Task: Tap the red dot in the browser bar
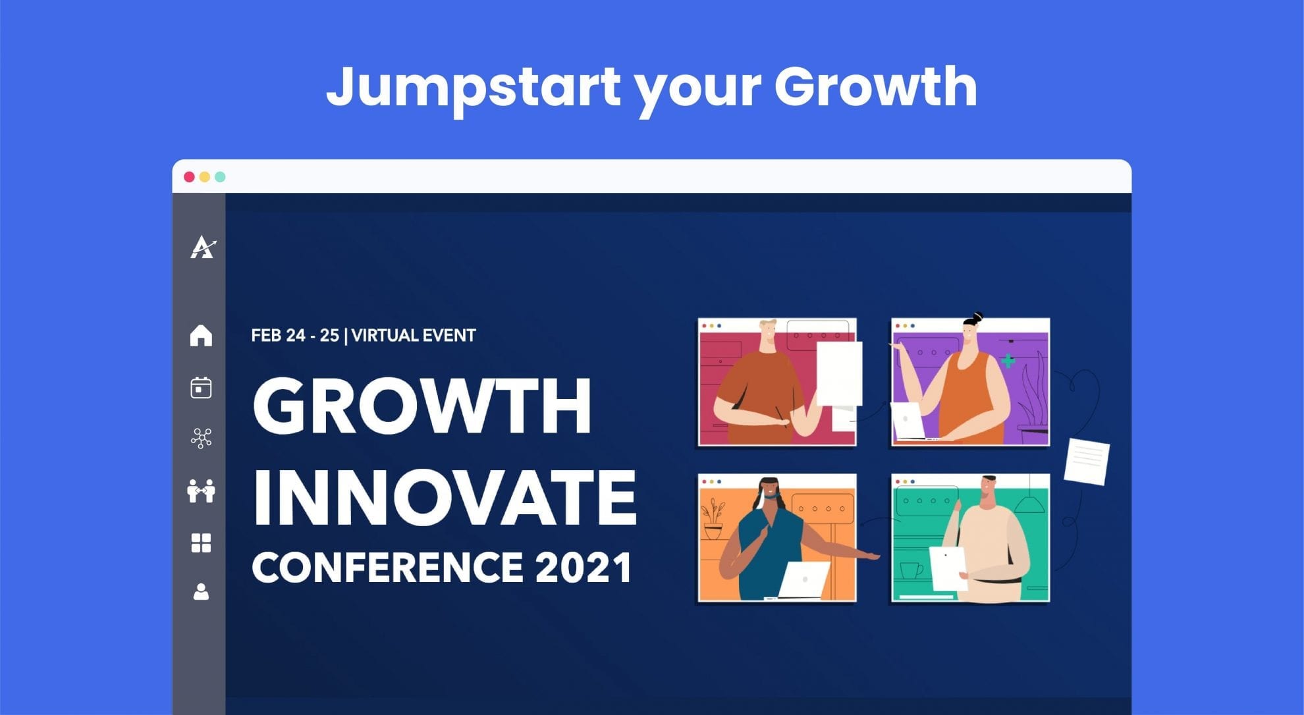pyautogui.click(x=189, y=176)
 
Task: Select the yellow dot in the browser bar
pyautogui.click(x=205, y=176)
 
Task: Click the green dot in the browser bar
pyautogui.click(x=221, y=176)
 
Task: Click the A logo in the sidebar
pyautogui.click(x=203, y=247)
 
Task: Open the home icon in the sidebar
pyautogui.click(x=201, y=335)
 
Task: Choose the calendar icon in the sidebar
pyautogui.click(x=201, y=388)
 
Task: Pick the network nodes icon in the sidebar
pyautogui.click(x=201, y=438)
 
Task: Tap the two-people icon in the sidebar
pyautogui.click(x=201, y=491)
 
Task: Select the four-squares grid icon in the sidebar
pyautogui.click(x=201, y=543)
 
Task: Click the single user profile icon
pyautogui.click(x=201, y=592)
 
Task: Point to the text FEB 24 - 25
pyautogui.click(x=295, y=336)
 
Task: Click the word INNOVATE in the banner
pyautogui.click(x=445, y=498)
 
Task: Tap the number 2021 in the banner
pyautogui.click(x=584, y=568)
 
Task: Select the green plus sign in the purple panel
pyautogui.click(x=1008, y=361)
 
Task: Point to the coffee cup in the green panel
pyautogui.click(x=911, y=570)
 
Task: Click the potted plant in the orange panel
pyautogui.click(x=713, y=519)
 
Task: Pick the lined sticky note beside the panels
pyautogui.click(x=1087, y=461)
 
